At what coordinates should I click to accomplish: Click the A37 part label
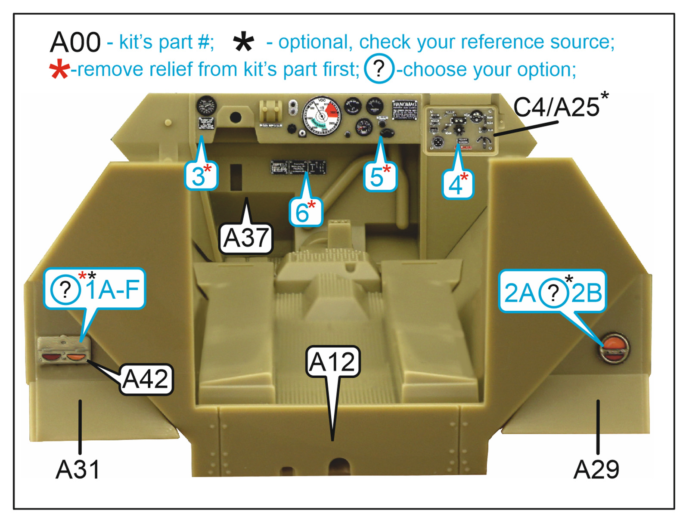tap(246, 238)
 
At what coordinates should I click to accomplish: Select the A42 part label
tap(146, 380)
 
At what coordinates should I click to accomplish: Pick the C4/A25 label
tap(556, 107)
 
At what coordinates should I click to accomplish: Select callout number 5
tap(379, 176)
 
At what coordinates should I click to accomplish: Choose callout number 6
tap(305, 212)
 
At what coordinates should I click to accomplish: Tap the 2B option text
tap(587, 293)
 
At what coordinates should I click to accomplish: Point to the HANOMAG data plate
tap(404, 110)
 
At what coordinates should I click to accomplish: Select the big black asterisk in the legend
tap(243, 43)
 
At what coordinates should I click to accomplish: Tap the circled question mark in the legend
tap(379, 69)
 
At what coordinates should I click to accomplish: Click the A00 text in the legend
tap(75, 43)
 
